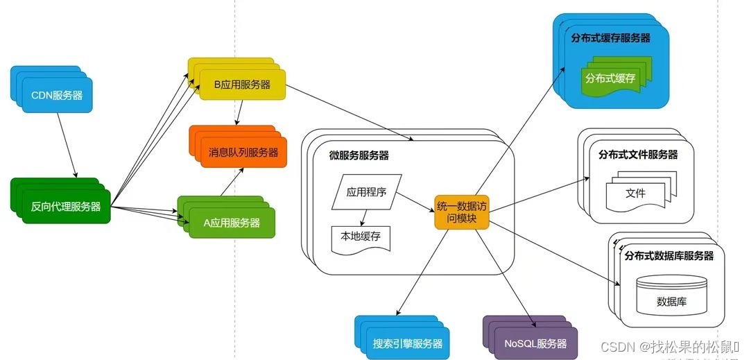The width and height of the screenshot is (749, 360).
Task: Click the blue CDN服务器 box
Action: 57,95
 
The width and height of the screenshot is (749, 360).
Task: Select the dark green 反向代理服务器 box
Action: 66,206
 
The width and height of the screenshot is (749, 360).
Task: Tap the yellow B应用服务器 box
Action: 242,85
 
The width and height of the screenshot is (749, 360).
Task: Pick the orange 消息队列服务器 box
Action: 243,152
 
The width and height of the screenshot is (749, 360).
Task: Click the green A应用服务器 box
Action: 232,223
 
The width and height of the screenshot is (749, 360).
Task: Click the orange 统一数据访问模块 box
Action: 462,212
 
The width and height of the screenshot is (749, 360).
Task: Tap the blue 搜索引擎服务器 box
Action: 407,343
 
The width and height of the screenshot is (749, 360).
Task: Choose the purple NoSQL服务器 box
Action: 535,343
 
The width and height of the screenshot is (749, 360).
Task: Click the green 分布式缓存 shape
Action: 610,78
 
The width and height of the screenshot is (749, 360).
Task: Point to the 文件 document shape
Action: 635,193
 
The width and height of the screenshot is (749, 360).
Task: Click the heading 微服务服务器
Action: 359,155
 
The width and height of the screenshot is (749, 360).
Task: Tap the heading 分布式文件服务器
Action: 637,154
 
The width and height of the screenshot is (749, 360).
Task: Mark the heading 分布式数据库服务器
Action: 669,255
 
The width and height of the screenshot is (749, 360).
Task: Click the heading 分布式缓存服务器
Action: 610,38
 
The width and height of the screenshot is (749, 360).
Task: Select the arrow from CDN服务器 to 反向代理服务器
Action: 67,144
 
